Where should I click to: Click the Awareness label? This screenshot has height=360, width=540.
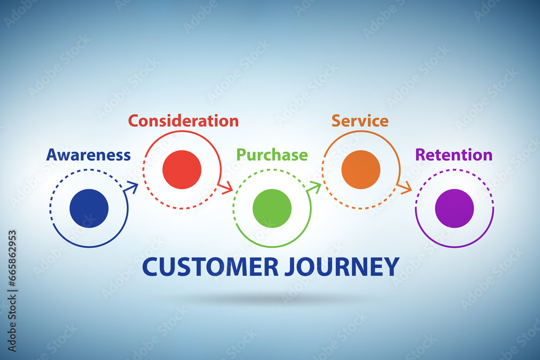coord(89,155)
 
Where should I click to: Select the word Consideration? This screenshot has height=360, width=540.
coord(183,121)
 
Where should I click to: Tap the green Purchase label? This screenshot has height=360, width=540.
coord(272,155)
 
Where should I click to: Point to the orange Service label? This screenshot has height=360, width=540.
coord(360,121)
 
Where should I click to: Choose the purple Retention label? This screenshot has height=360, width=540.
coord(454,155)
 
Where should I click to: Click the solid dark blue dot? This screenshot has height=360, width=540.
coord(89,208)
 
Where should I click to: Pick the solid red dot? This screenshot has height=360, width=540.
coord(182,169)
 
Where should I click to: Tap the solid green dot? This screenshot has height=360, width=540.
coord(272,208)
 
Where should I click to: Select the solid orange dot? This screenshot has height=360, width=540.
coord(361,169)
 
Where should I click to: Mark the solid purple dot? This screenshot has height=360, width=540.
coord(454,208)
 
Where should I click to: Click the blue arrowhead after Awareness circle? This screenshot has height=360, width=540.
coord(132,188)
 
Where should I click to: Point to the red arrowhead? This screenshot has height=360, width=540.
coord(226,188)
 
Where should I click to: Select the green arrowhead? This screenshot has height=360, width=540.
coord(314,188)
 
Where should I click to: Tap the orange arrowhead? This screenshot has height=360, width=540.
coord(404,188)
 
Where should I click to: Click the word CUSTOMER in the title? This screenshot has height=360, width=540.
coord(211,267)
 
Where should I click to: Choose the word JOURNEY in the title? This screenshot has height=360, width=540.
coord(342,267)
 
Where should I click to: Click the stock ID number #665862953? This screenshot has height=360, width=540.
coord(12,258)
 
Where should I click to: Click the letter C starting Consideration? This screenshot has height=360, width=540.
coord(133,121)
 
